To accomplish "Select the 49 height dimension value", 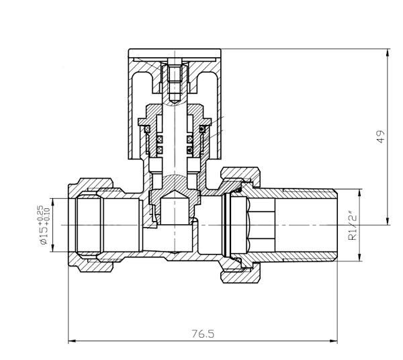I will coord(381,137).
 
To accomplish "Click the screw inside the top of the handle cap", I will coord(174,79).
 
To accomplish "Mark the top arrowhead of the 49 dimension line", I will coord(388,52).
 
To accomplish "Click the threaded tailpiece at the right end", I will coord(309,224).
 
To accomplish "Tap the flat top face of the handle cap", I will coord(174,54).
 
